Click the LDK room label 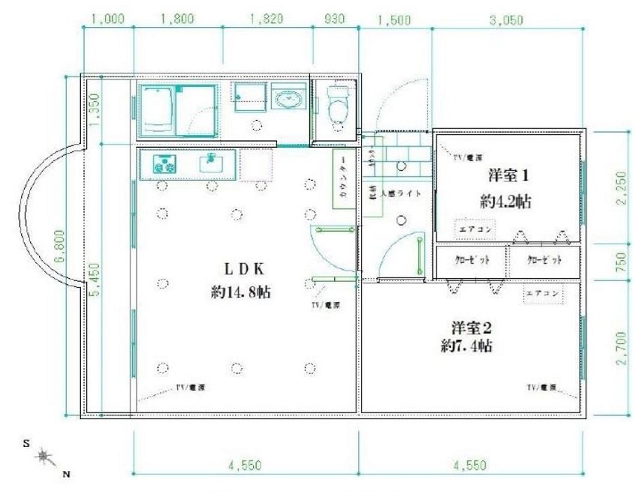click(242, 268)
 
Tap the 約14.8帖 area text click(241, 292)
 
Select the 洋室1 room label click(509, 177)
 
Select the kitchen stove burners click(164, 163)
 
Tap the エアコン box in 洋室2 click(542, 294)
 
